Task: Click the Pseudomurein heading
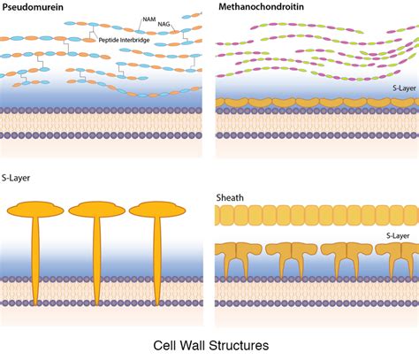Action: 33,7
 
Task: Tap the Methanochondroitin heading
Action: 261,7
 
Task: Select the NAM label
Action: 149,19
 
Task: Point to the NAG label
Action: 164,24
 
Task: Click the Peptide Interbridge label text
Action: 124,40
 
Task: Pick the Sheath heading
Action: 230,197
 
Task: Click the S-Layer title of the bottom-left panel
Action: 16,178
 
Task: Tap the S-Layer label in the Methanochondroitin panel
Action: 404,88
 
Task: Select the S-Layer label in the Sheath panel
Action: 398,235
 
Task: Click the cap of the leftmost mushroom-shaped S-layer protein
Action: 35,210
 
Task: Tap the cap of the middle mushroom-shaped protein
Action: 97,210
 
